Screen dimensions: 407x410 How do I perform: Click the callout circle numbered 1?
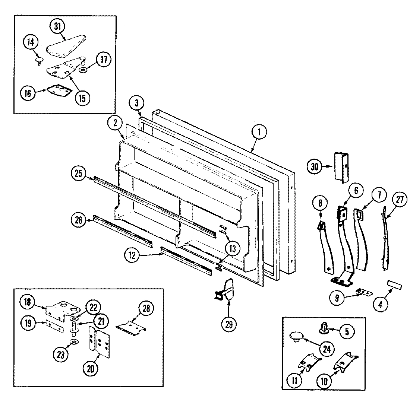(x=259, y=132)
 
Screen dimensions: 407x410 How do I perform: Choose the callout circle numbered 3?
(x=136, y=103)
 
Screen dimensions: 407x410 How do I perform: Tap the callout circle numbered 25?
(x=78, y=173)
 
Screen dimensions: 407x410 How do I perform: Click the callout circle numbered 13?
(x=232, y=248)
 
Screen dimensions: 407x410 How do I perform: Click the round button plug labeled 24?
(x=297, y=336)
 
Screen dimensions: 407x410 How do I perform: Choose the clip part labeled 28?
(x=130, y=325)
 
